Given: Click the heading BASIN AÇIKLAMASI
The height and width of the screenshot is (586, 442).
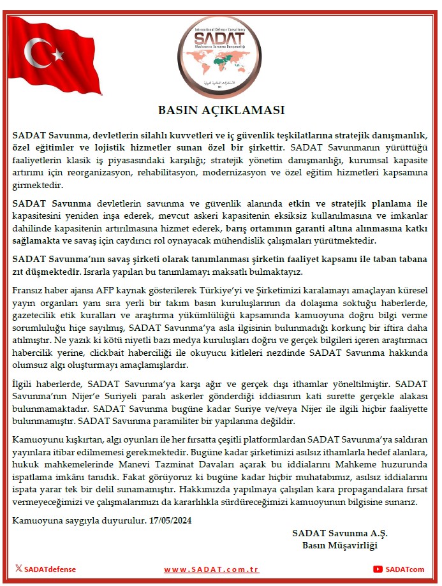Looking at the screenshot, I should point(221,110).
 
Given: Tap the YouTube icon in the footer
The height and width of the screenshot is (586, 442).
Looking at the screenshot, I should point(378,569).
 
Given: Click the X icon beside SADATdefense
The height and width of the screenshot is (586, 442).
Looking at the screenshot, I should point(18,569).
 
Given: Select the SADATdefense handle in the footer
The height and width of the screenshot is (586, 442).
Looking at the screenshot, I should point(50,569).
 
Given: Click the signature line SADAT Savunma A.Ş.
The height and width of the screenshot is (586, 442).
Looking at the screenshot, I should point(340,533).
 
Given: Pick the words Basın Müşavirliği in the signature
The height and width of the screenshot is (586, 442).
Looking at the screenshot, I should point(340,546).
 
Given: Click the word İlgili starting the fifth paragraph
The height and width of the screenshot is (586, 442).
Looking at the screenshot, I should point(24,385).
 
